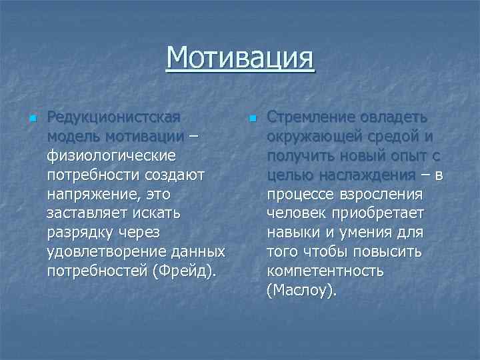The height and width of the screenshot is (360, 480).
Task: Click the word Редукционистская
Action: (x=114, y=117)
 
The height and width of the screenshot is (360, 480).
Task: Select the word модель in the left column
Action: (x=73, y=137)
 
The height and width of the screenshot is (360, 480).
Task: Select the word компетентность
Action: (x=325, y=272)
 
